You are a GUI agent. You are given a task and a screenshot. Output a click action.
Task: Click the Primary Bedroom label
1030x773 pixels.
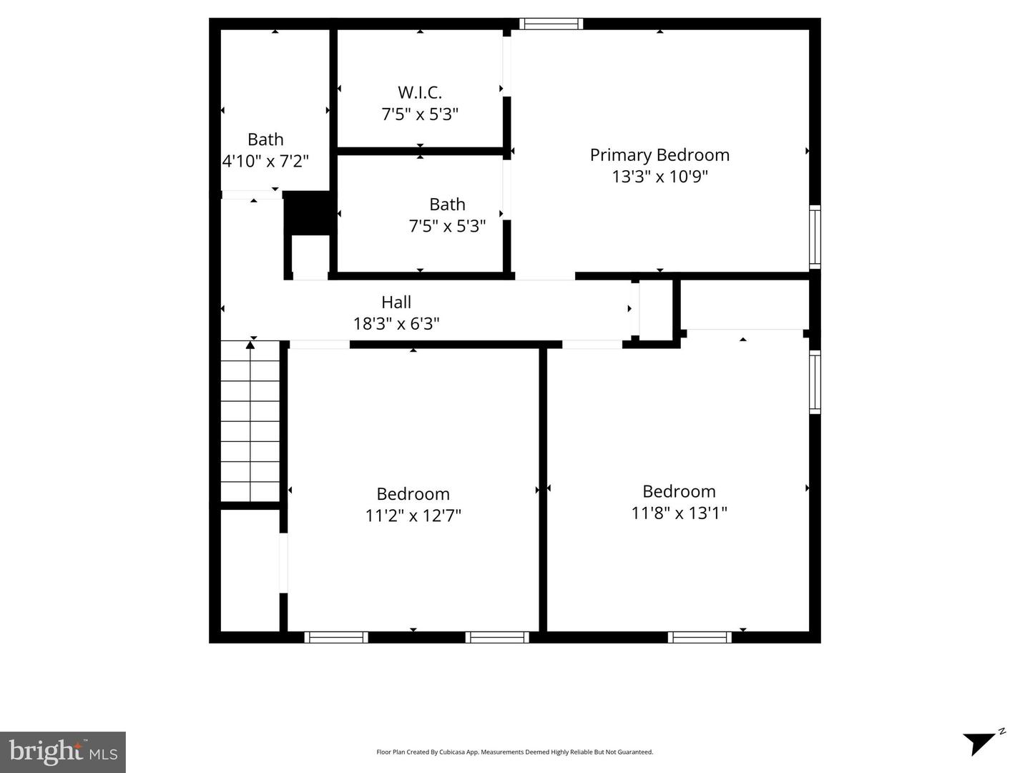(659, 155)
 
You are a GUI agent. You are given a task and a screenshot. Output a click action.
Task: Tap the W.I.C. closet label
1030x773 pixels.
(420, 92)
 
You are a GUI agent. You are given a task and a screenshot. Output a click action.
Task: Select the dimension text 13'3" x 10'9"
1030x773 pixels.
(659, 177)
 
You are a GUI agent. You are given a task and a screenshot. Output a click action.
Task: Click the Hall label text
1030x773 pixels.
(396, 302)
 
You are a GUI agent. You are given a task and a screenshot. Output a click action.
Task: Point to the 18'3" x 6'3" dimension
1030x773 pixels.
(396, 324)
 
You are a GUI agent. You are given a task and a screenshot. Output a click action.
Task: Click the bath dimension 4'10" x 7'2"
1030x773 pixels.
(265, 161)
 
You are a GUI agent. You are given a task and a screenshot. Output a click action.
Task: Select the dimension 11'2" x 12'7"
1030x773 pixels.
(413, 516)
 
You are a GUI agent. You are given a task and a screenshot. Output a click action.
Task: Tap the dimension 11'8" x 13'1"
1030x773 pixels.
(679, 513)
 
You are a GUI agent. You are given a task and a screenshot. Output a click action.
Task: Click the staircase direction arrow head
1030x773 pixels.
(250, 345)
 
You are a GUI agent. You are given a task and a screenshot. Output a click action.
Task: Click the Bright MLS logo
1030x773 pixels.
(63, 752)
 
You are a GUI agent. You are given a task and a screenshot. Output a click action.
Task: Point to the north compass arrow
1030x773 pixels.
(982, 742)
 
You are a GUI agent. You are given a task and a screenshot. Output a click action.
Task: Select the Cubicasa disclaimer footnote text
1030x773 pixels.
(514, 752)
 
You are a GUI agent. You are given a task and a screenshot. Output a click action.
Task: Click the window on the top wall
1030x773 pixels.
(551, 24)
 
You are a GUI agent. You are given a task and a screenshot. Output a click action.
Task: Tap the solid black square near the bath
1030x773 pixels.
(307, 213)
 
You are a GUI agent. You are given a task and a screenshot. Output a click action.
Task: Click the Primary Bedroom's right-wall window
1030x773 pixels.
(815, 237)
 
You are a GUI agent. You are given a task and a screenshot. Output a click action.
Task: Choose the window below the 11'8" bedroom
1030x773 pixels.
(700, 637)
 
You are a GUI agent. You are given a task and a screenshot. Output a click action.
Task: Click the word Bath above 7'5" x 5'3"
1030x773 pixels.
(447, 205)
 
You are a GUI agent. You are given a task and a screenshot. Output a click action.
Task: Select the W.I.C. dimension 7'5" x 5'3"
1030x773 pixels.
(420, 114)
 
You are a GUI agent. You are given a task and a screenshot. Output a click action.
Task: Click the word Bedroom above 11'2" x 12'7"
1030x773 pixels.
(413, 494)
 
